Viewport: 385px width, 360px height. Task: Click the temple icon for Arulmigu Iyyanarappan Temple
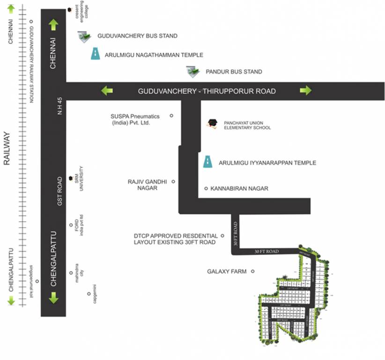(x=207, y=161)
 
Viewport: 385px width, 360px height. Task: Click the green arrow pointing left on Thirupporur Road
(x=107, y=90)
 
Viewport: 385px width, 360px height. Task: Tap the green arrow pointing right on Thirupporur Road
(x=306, y=90)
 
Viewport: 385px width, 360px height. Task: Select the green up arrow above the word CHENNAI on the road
(x=53, y=25)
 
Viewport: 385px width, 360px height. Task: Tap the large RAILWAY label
(x=7, y=149)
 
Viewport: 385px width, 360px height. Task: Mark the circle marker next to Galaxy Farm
(x=252, y=271)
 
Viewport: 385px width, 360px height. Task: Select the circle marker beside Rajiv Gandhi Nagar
(x=173, y=181)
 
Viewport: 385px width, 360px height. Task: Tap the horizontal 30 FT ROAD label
(x=267, y=252)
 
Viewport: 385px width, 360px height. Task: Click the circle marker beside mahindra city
(x=71, y=272)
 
